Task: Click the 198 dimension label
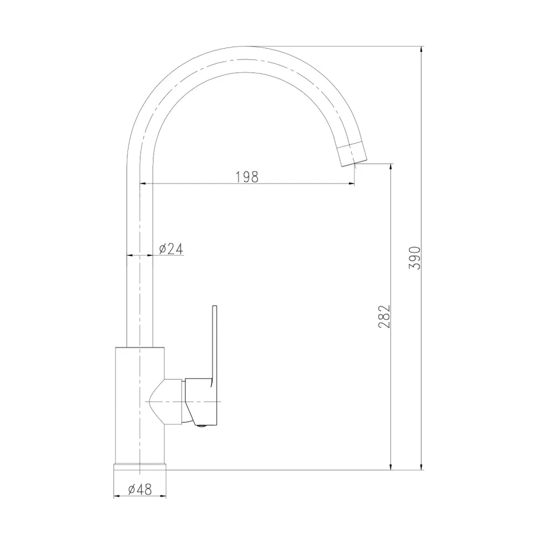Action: click(247, 177)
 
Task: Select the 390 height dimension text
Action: click(414, 258)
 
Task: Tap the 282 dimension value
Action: click(384, 316)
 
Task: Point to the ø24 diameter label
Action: click(171, 248)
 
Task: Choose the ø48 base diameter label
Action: click(140, 489)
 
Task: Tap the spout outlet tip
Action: click(354, 164)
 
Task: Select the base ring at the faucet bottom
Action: click(140, 467)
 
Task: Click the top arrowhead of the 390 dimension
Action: click(421, 50)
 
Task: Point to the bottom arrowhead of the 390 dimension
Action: click(421, 465)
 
